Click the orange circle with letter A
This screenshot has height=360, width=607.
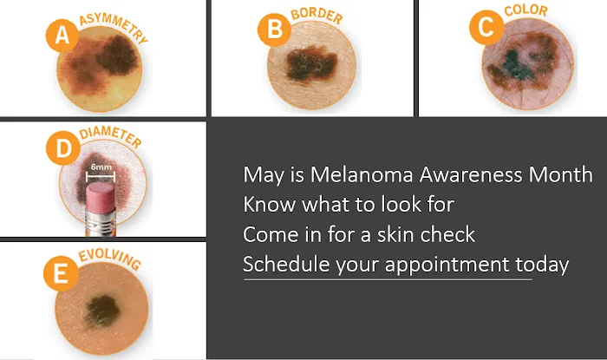coord(61,36)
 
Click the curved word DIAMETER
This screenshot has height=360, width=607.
coord(110,138)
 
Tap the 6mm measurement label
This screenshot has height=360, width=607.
coord(101,167)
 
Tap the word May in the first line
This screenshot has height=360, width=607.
coord(261,175)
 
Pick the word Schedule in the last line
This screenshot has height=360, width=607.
coord(280,265)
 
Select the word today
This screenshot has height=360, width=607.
coord(543,265)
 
